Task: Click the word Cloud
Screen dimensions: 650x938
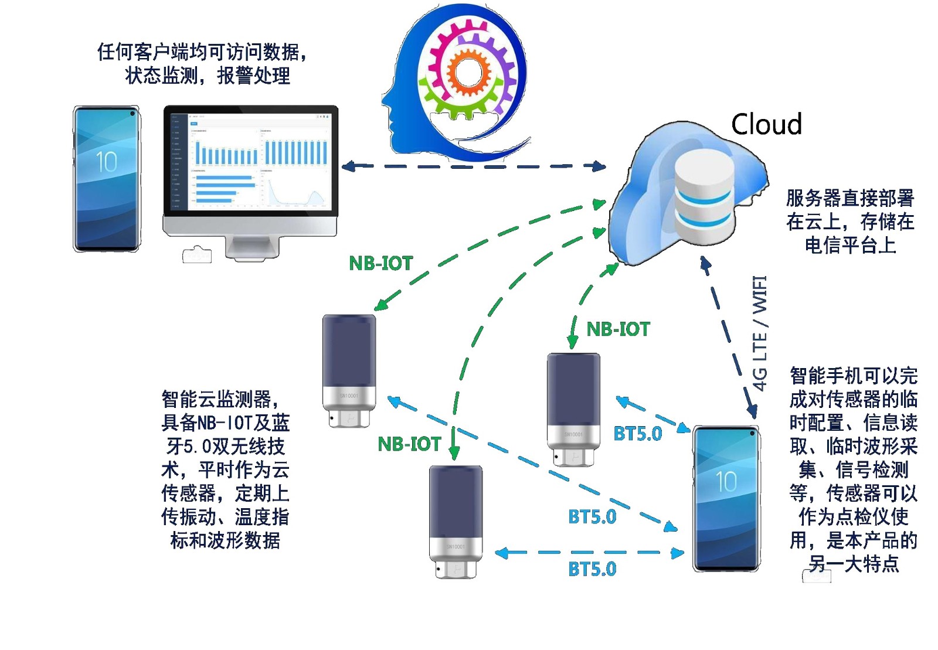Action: coord(766,124)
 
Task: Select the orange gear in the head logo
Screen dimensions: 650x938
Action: coord(469,73)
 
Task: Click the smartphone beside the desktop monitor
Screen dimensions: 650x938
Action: coord(107,179)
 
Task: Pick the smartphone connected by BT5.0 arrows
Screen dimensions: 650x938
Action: coord(726,498)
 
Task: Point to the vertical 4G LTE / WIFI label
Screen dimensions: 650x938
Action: coord(760,333)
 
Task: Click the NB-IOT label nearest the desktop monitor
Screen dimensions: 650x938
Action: coord(381,263)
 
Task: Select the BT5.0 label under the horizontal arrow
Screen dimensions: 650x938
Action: coord(592,569)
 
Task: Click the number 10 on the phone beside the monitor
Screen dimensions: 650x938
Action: coord(106,162)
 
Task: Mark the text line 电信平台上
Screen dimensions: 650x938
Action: coord(850,245)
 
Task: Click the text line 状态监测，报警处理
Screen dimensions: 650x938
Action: coord(208,76)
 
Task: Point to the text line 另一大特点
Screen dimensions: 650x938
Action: coord(854,564)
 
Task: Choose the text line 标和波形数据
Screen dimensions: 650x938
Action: coord(225,540)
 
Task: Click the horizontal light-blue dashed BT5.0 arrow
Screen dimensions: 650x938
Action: coord(589,552)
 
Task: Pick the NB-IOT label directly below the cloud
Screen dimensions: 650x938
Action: coord(618,329)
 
